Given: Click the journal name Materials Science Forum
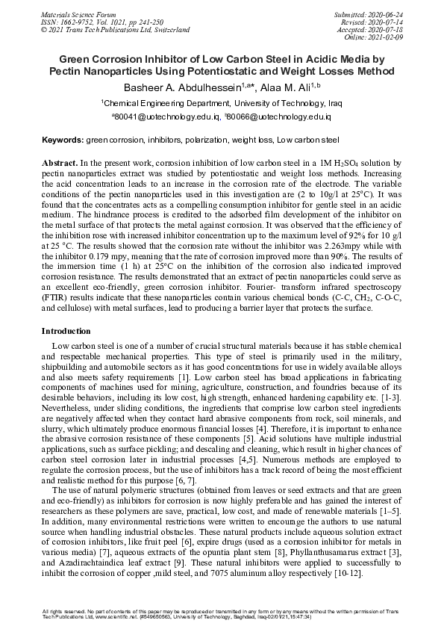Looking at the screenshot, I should pos(79,14).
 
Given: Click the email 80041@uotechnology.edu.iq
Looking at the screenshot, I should pos(166,117).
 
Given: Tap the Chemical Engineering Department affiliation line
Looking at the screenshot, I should pos(222,104).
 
